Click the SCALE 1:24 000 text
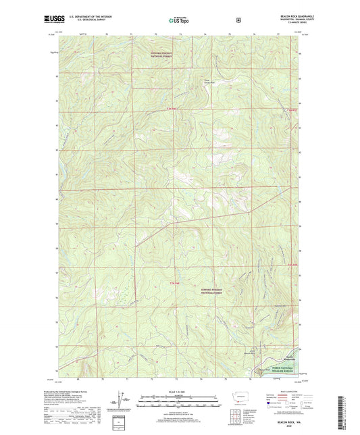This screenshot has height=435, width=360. [x=179, y=392]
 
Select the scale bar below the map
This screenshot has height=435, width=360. [x=179, y=403]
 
